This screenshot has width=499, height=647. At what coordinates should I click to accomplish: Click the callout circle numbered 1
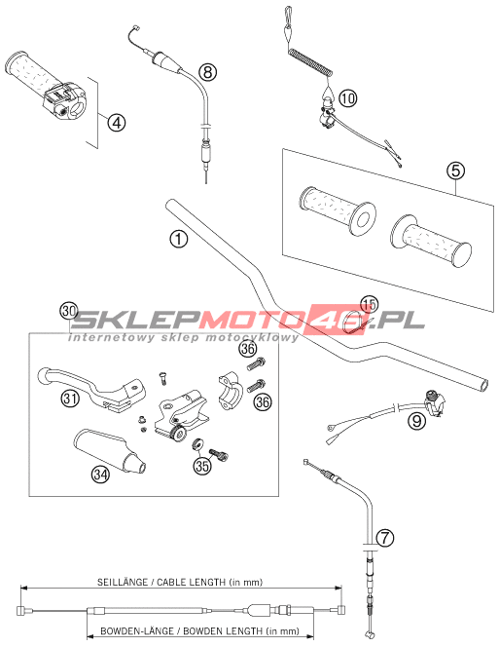[178, 239]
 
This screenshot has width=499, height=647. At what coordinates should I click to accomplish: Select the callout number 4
[117, 123]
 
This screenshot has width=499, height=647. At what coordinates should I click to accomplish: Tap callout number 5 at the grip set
[456, 171]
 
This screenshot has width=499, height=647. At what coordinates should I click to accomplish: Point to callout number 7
[385, 538]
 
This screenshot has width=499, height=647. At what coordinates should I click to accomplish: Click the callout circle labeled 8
[208, 72]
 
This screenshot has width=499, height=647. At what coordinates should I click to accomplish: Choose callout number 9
[416, 421]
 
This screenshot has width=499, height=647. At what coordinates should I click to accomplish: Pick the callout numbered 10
[348, 98]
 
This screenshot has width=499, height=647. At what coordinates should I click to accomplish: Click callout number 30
[68, 311]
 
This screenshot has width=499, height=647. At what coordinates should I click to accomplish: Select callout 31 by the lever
[70, 399]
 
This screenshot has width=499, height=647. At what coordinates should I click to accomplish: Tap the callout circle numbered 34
[100, 474]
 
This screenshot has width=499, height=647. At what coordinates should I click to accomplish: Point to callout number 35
[202, 466]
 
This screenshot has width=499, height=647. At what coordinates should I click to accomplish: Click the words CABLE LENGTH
[192, 583]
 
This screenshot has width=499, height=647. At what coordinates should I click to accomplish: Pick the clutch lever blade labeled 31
[90, 388]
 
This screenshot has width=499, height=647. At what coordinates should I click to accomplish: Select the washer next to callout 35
[197, 444]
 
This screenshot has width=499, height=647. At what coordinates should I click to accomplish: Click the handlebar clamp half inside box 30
[228, 391]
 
